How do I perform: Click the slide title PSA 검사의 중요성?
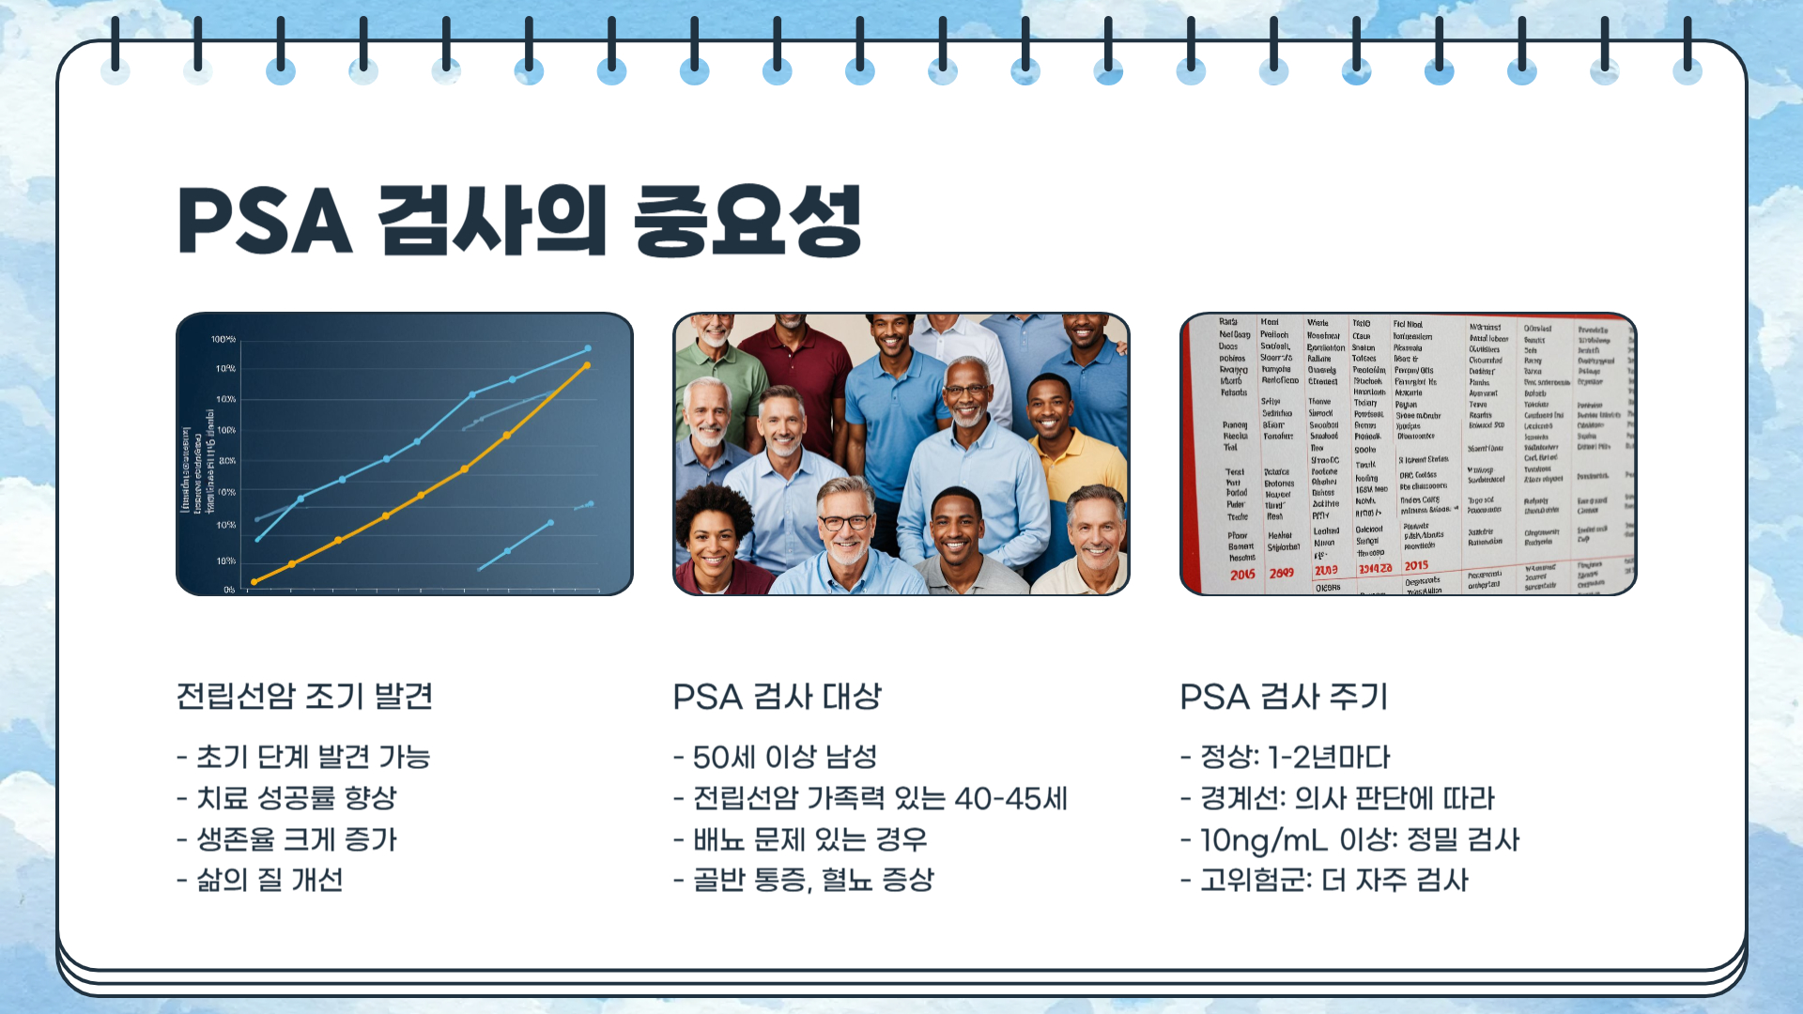tap(519, 222)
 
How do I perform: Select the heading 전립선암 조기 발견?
tap(304, 697)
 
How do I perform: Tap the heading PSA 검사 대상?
tap(778, 697)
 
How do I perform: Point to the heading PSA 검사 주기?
tap(1284, 697)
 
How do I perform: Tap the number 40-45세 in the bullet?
tap(1011, 798)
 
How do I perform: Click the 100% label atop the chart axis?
tap(223, 339)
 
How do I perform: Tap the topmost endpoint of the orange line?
tap(588, 365)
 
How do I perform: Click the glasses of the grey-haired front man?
tap(845, 522)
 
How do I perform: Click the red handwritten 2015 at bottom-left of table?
tap(1242, 574)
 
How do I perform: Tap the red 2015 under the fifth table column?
tap(1416, 565)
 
